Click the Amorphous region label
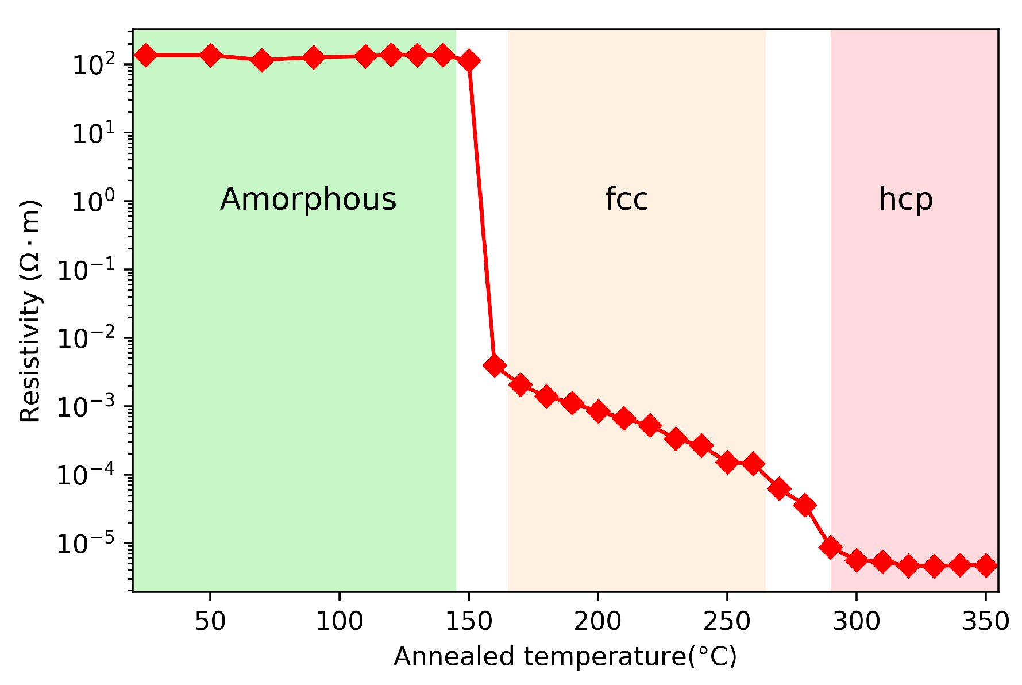tap(308, 199)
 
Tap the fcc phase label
tap(626, 199)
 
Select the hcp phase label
tap(905, 199)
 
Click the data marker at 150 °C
tap(469, 60)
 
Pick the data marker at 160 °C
tap(495, 365)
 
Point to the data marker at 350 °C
tap(986, 565)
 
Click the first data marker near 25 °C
tap(146, 55)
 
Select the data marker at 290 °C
tap(831, 547)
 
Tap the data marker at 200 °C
tap(598, 411)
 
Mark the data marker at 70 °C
tap(262, 60)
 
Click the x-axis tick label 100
tap(340, 622)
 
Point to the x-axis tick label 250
tap(727, 622)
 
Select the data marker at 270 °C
tap(779, 489)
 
